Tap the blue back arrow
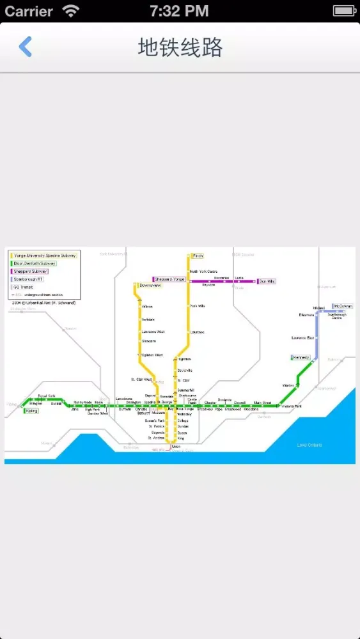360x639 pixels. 26,47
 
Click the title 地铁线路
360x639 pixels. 180,47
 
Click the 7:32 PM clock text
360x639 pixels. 179,11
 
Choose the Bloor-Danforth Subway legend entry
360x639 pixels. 35,263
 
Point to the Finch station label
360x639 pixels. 198,256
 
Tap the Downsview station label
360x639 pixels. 150,286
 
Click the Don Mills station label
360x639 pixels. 267,281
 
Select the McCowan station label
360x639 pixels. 342,307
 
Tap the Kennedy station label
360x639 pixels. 301,357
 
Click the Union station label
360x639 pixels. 176,447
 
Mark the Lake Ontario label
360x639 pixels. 309,445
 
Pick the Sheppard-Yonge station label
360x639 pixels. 170,279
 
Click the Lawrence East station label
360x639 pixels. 302,337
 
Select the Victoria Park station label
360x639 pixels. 291,406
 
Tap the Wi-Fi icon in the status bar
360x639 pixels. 70,11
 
